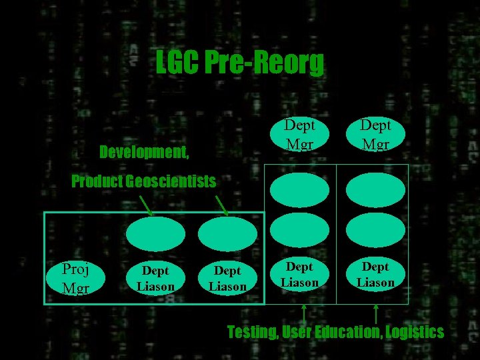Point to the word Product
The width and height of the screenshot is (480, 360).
[97, 181]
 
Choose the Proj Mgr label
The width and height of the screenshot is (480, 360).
[76, 278]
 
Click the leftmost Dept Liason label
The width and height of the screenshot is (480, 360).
[155, 279]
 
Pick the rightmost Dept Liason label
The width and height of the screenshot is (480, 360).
[375, 274]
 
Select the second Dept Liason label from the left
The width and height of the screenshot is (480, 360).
[227, 279]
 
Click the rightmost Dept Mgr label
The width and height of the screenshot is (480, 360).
[375, 135]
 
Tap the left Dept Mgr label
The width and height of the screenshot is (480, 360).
[299, 135]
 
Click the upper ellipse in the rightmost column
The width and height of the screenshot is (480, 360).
[376, 190]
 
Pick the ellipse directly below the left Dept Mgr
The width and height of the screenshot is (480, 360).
[299, 190]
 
